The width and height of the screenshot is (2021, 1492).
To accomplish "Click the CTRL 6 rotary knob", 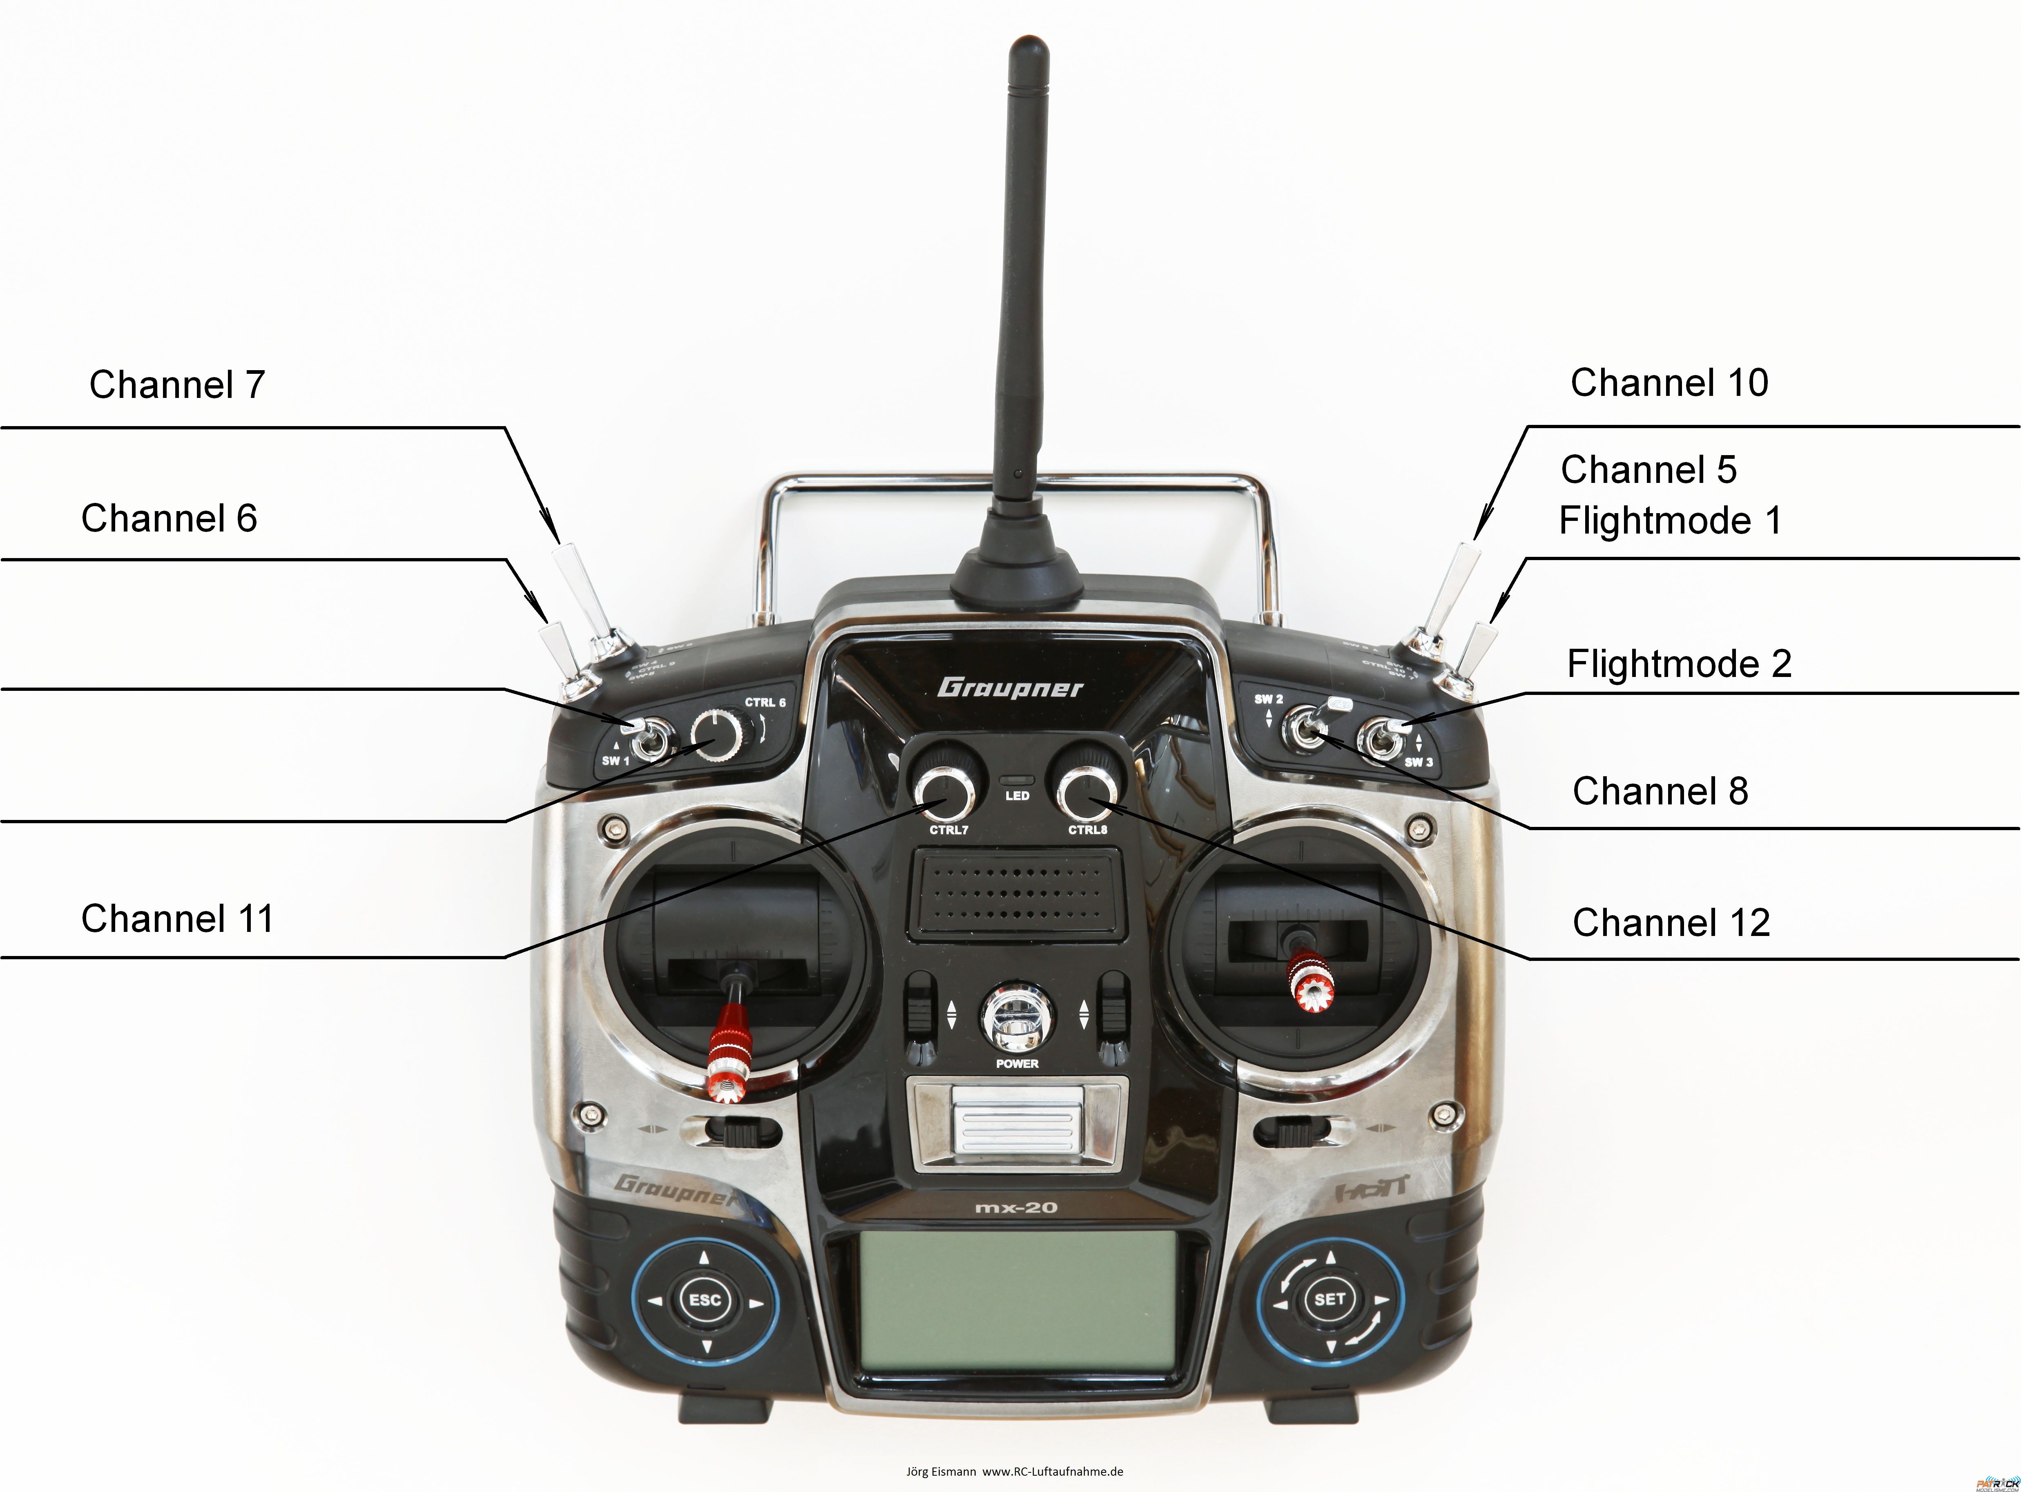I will click(717, 733).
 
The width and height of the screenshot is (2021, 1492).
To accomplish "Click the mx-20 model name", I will click(1016, 1208).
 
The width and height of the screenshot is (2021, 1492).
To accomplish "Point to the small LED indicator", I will click(1017, 779).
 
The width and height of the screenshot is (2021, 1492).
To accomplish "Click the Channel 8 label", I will click(1660, 791).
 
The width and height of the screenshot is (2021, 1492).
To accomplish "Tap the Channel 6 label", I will click(169, 518).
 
